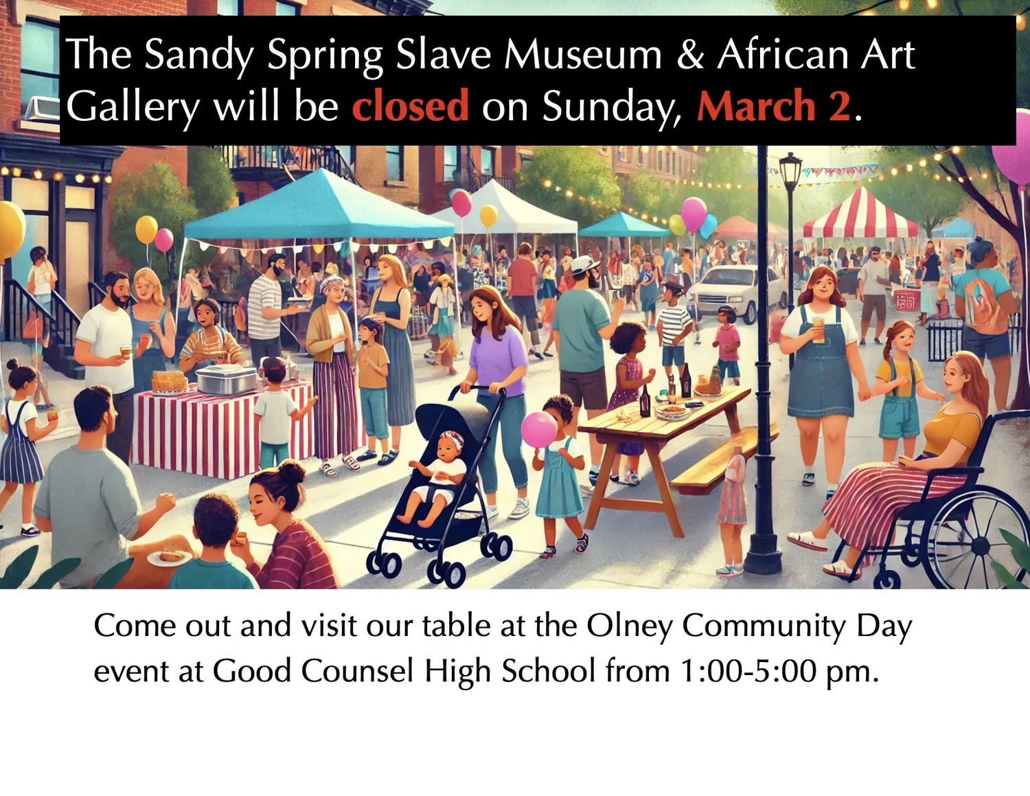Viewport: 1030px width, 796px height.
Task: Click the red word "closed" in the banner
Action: [410, 106]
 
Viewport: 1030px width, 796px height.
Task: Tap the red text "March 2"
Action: [773, 106]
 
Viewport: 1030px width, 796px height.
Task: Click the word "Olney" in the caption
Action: [628, 626]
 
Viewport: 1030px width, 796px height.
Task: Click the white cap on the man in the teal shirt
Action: [584, 264]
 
